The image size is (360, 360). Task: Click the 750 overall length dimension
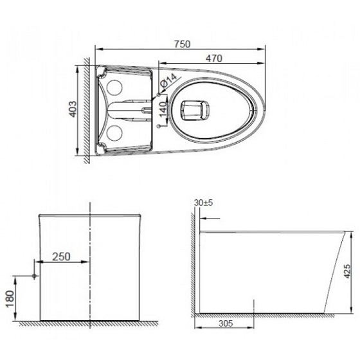coord(182,43)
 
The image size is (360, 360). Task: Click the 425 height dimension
coord(348,273)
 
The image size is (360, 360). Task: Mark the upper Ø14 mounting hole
coord(158,94)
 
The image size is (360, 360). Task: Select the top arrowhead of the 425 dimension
coord(353,232)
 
